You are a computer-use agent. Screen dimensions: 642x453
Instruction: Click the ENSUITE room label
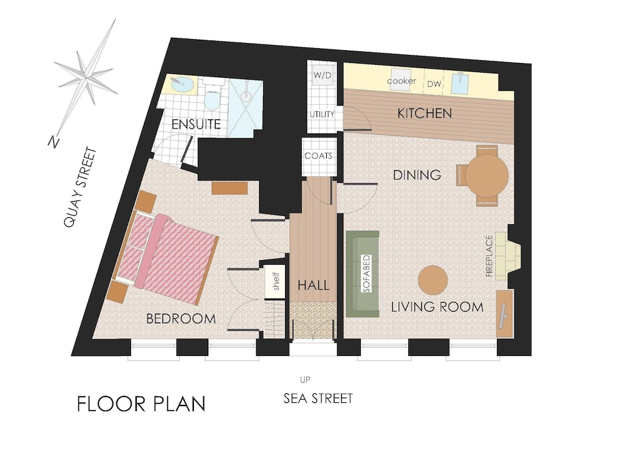pos(196,124)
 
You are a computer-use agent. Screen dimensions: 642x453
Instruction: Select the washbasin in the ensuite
pos(182,84)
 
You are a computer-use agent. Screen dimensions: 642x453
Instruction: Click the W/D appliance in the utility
pos(322,75)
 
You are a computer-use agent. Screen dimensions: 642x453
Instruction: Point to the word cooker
pos(401,81)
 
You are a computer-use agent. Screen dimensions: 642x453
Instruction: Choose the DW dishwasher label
pos(435,84)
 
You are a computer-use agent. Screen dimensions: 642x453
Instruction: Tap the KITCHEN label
pos(424,113)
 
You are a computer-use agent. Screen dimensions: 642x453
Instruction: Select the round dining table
pos(487,175)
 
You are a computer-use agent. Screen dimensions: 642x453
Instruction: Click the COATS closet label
pos(318,155)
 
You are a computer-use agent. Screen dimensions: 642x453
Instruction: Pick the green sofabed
pos(363,274)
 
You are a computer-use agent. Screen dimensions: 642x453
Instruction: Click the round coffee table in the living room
pos(433,280)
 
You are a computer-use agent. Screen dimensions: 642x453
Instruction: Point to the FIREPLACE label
pos(489,256)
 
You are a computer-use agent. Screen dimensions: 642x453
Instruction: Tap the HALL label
pos(314,285)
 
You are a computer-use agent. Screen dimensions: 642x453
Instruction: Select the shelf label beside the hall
pos(275,281)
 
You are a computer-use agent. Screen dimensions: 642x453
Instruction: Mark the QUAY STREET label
pos(81,187)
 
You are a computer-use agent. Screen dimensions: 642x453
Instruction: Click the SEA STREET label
pos(318,398)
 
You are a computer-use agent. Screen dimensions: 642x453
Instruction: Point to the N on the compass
pos(53,141)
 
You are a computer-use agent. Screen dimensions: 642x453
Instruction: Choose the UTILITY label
pos(322,114)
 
